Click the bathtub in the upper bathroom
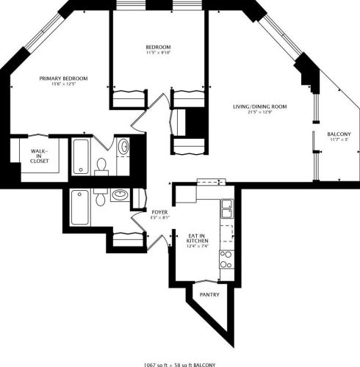[79, 155]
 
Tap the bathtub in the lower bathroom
[79, 208]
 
